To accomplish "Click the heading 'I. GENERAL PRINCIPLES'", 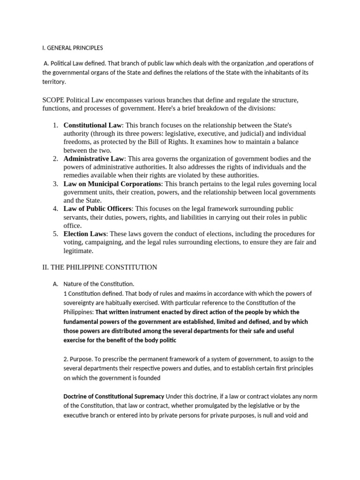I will [72, 48].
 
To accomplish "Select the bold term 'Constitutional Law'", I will [92, 125].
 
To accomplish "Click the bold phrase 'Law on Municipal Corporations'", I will [112, 184].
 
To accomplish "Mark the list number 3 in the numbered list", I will [55, 184].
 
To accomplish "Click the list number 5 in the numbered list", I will [55, 234].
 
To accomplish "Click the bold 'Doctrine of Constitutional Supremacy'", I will [114, 396].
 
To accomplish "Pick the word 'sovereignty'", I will [82, 302].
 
